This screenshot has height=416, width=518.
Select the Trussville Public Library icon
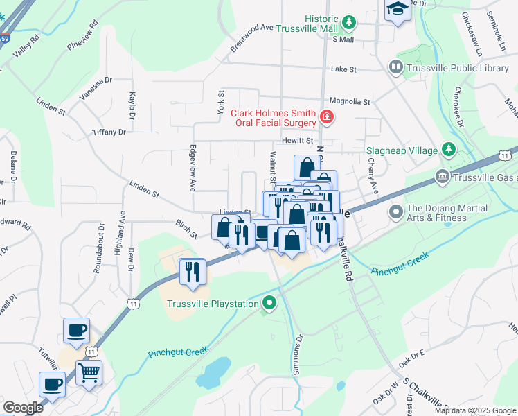point(396,68)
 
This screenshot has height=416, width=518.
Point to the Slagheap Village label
point(402,150)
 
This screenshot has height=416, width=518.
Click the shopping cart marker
point(89,372)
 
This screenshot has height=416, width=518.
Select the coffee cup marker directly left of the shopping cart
point(52,383)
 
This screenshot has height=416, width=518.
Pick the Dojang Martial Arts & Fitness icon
point(396,211)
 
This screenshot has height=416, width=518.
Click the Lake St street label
point(343,69)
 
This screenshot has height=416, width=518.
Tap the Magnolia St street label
point(350,101)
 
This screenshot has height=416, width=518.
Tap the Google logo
point(23,408)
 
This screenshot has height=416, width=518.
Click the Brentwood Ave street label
point(252,38)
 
